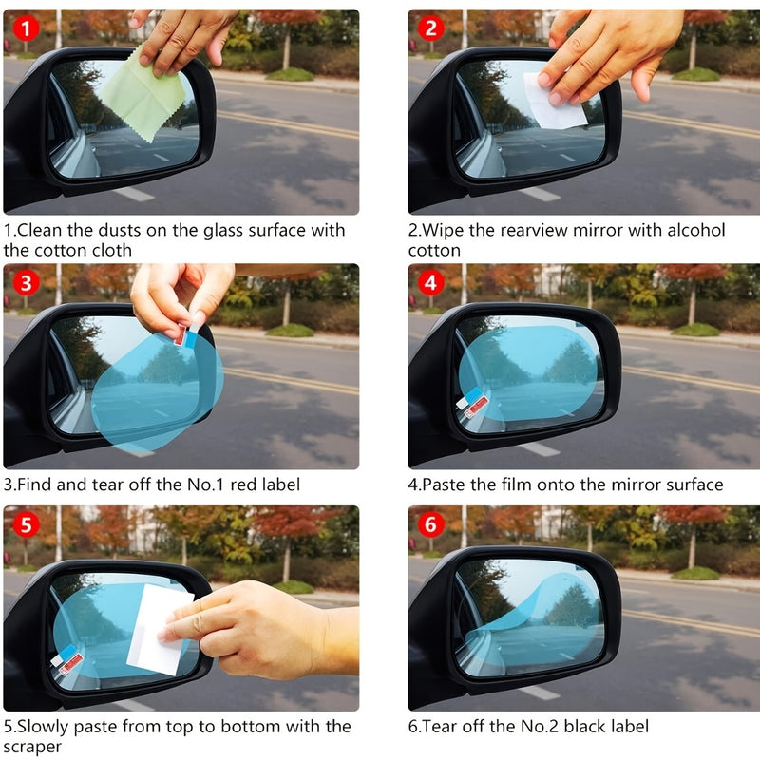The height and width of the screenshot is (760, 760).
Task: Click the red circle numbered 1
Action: [x=25, y=28]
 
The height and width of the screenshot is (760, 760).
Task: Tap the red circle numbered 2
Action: [x=431, y=28]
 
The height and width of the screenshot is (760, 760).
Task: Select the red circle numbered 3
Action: [x=25, y=282]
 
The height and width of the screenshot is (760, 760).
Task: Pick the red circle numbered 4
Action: [x=431, y=282]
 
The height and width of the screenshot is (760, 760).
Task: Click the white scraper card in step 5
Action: [x=159, y=627]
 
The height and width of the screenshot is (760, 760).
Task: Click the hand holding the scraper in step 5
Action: [x=256, y=627]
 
